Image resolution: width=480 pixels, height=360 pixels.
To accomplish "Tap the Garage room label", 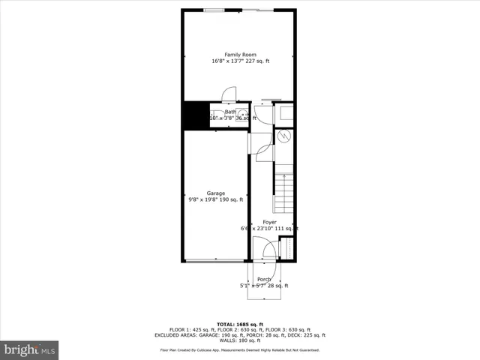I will (x=216, y=193).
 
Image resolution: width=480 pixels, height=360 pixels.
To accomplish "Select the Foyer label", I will (x=269, y=222).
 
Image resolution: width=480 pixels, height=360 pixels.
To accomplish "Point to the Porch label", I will (x=264, y=279).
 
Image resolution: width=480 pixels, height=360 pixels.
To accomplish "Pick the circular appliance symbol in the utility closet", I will (x=284, y=136).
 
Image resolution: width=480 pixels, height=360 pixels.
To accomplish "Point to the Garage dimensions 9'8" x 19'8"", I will (x=216, y=199).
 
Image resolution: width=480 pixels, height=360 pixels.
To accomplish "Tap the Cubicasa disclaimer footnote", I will (x=239, y=350).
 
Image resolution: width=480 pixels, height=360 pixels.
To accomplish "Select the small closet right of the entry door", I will (x=285, y=247).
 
